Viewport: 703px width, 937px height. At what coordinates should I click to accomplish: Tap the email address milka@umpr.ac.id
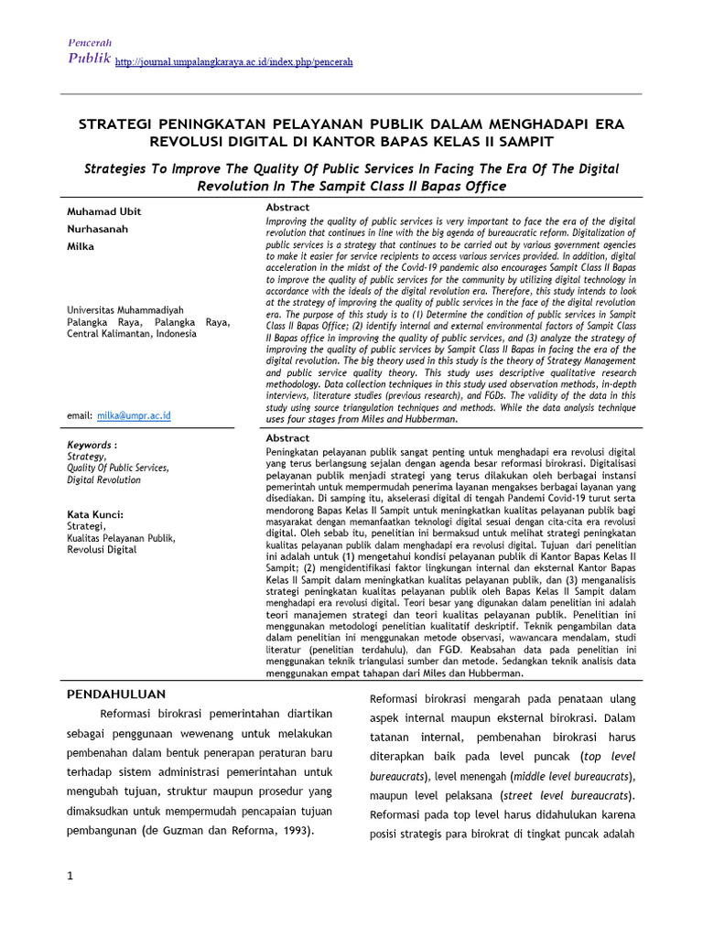click(134, 415)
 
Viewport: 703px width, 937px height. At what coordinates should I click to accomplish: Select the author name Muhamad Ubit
click(104, 212)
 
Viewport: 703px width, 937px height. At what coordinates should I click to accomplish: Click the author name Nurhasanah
click(100, 230)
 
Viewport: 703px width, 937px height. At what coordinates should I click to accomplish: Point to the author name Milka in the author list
click(81, 247)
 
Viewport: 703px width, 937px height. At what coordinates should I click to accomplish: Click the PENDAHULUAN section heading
click(120, 694)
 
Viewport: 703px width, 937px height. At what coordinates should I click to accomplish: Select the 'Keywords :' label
click(92, 445)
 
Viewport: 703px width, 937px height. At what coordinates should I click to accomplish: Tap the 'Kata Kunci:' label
click(95, 514)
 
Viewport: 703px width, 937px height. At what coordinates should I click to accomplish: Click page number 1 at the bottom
click(70, 878)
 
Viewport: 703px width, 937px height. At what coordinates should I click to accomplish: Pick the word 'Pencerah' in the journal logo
click(90, 44)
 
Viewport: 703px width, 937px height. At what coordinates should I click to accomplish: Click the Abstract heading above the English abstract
click(287, 208)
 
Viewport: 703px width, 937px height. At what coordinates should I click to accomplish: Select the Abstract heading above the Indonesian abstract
click(287, 438)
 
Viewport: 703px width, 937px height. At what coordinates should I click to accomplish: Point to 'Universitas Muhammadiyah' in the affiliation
click(125, 310)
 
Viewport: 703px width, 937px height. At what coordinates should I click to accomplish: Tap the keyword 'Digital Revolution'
click(104, 479)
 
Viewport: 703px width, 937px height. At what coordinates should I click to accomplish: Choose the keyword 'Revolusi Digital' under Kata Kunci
click(102, 550)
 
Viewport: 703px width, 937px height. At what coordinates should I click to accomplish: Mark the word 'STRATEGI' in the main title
click(119, 124)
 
